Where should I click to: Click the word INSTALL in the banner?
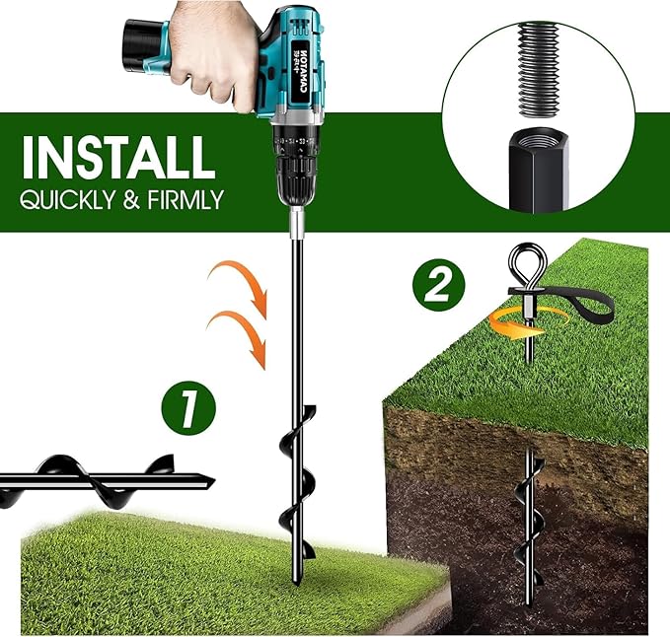point(118,157)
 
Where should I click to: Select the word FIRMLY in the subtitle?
point(187,201)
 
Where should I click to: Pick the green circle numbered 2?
point(437,286)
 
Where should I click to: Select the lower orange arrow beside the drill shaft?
point(241,335)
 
